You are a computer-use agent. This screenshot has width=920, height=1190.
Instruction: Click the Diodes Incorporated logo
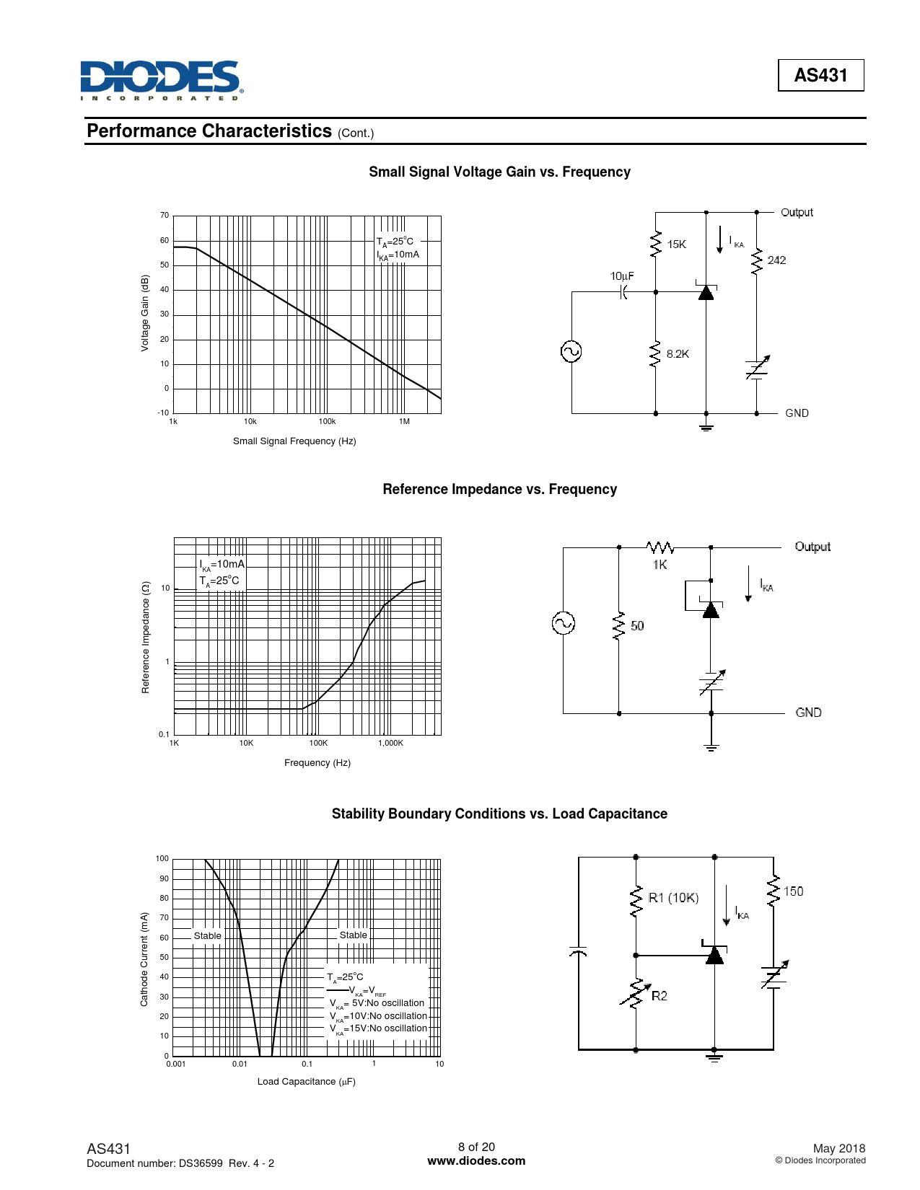(161, 80)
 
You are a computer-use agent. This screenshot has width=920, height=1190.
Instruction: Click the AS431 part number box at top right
(820, 75)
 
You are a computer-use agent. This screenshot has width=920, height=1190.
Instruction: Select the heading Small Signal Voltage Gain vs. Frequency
(499, 172)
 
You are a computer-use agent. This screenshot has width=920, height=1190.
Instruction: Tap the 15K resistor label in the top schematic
(676, 244)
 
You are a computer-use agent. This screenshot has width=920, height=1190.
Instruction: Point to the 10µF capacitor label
(622, 276)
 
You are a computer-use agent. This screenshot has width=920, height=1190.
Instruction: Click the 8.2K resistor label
(678, 354)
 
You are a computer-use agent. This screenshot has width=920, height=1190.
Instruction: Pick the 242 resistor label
(776, 260)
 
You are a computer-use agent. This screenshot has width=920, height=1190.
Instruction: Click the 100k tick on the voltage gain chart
(327, 422)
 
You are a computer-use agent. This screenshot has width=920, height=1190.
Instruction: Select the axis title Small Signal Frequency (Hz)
(294, 441)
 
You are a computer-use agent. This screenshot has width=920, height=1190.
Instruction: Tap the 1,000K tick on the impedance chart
(390, 744)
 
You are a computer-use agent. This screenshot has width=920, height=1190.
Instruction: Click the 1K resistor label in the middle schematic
(660, 565)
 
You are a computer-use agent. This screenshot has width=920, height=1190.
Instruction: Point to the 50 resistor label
(637, 626)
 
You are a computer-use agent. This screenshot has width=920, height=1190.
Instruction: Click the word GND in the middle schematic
(808, 713)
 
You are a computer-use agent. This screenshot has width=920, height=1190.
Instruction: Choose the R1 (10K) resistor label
(673, 898)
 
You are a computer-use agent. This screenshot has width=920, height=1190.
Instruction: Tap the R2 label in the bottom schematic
(660, 996)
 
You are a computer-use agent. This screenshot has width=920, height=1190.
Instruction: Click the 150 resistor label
(793, 891)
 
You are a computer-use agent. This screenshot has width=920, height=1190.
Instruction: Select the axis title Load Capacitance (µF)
(306, 1082)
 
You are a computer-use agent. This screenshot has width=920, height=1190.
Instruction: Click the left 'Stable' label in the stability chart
(207, 936)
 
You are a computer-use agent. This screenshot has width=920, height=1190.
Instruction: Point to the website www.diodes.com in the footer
(476, 1161)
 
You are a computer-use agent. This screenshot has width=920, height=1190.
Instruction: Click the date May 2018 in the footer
(838, 1148)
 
